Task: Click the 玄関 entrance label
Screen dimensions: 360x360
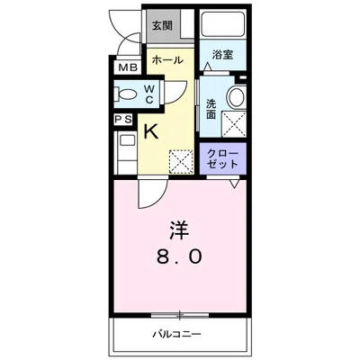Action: pos(164,25)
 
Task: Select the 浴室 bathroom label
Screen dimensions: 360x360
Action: pos(222,55)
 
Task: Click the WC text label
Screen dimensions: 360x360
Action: pos(149,93)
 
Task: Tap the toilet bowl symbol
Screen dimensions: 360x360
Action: pos(126,93)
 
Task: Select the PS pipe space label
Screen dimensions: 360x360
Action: pos(122,120)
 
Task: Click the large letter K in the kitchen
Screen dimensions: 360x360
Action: pos(152,131)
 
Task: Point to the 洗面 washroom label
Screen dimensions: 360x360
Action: pos(211,108)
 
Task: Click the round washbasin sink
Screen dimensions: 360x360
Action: pos(236,97)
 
